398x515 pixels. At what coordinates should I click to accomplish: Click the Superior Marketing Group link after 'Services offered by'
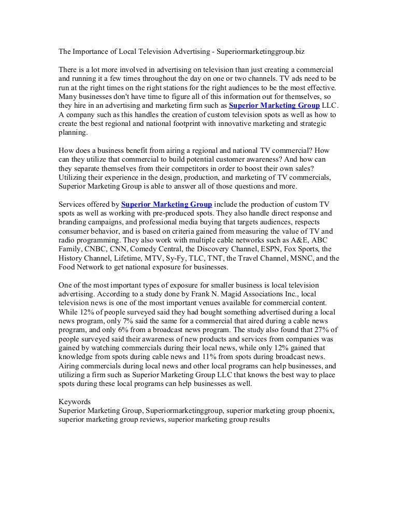[166, 205]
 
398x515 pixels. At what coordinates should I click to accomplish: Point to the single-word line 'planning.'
[74, 132]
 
